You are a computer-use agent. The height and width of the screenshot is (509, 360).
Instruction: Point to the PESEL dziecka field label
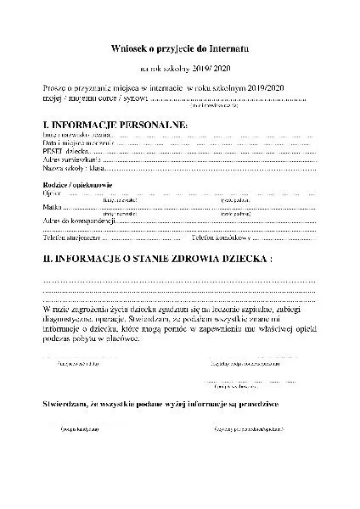pos(65,150)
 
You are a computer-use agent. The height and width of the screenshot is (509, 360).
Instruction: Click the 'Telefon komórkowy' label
pos(219,238)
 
